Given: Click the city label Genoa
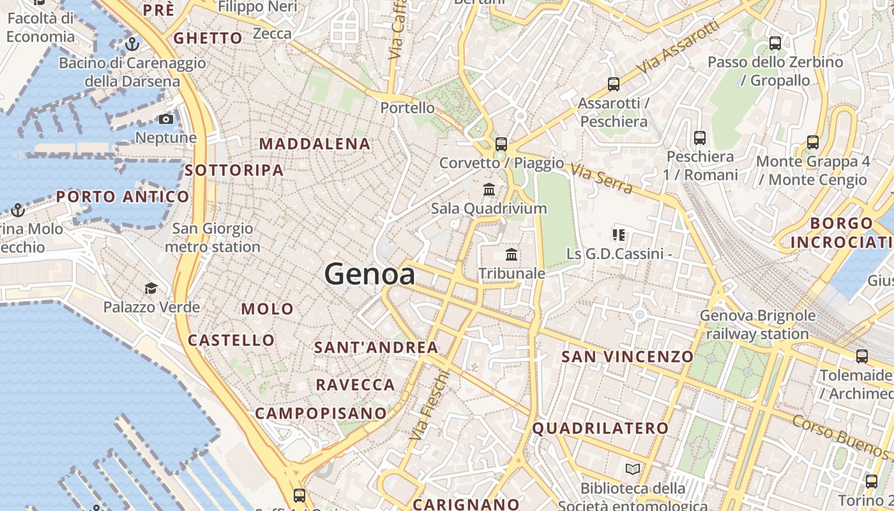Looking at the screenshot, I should (370, 274).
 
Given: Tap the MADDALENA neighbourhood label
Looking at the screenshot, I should (315, 144).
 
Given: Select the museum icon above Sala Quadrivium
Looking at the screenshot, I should (489, 190).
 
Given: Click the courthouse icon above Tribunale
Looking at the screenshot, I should (511, 255).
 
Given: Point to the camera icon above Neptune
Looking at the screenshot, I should (166, 119).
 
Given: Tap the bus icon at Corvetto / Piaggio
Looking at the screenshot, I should (501, 144).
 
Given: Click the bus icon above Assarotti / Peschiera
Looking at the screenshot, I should (614, 84).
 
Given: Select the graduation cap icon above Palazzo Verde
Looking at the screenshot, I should (151, 289).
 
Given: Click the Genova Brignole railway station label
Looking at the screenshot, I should (757, 324).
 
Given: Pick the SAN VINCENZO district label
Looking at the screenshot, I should (627, 357).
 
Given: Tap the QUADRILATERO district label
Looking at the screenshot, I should (600, 429).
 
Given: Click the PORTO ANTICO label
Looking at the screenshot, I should (123, 197).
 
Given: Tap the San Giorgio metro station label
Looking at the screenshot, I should (213, 238).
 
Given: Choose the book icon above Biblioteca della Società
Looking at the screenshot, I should (633, 469).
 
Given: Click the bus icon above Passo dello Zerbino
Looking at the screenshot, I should (775, 43).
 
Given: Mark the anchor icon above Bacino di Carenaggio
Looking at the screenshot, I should (132, 44).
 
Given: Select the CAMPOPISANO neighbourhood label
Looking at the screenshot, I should (321, 413).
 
